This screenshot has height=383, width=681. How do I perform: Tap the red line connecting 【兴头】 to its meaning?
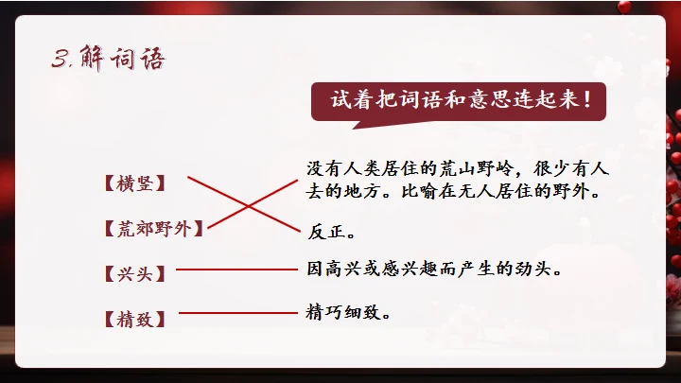(236, 270)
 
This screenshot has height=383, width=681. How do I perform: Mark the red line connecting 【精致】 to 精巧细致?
(238, 311)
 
